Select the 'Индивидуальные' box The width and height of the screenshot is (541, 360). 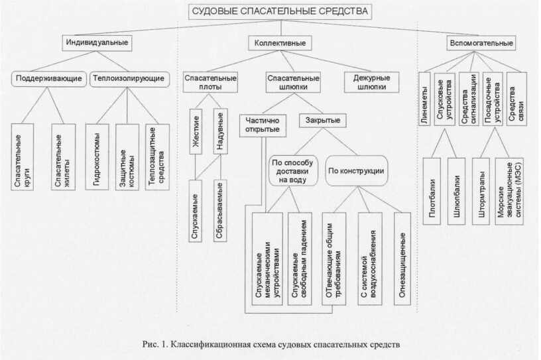[x=96, y=43]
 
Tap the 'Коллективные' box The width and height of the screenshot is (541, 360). [x=280, y=43]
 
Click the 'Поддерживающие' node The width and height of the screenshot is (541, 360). [x=50, y=78]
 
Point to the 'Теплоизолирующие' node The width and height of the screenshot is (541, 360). [x=128, y=78]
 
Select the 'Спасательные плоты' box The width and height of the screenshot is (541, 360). [x=211, y=82]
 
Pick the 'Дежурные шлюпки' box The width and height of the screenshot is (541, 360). [x=366, y=82]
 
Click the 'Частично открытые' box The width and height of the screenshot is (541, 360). [x=264, y=125]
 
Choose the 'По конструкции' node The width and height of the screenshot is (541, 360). [x=356, y=170]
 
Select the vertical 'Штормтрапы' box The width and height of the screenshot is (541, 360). [x=480, y=190]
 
